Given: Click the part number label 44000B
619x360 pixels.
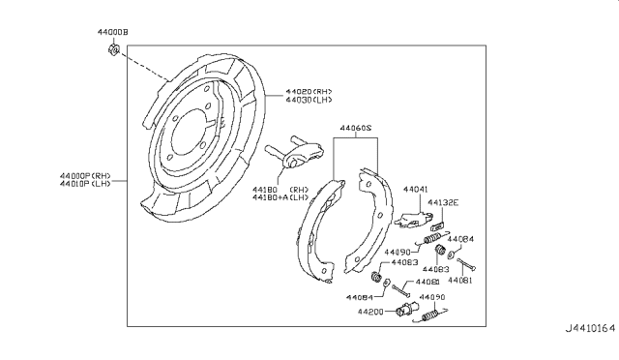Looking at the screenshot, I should pyautogui.click(x=114, y=33).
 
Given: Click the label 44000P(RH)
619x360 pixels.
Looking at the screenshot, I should pyautogui.click(x=86, y=175).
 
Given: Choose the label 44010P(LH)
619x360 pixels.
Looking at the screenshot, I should pyautogui.click(x=86, y=184).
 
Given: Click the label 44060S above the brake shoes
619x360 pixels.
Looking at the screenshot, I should pyautogui.click(x=358, y=127).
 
